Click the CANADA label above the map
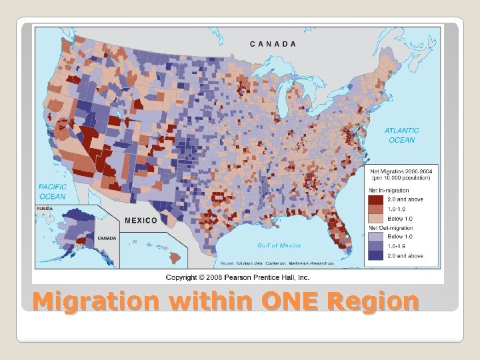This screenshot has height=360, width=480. pyautogui.click(x=273, y=44)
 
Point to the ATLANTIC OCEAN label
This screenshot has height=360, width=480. pyautogui.click(x=402, y=135)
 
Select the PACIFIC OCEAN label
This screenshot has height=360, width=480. pyautogui.click(x=52, y=192)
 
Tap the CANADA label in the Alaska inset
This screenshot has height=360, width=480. pyautogui.click(x=107, y=238)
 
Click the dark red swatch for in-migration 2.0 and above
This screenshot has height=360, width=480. pyautogui.click(x=377, y=199)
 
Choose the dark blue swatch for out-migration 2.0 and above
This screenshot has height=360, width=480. pyautogui.click(x=377, y=255)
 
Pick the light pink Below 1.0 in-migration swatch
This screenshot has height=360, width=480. pyautogui.click(x=377, y=218)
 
